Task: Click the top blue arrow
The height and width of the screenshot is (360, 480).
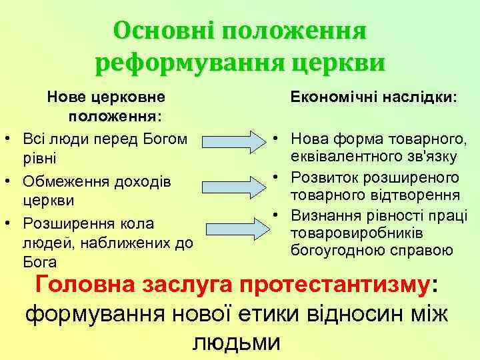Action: click(x=233, y=142)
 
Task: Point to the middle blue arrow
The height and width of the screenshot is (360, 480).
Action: click(x=233, y=184)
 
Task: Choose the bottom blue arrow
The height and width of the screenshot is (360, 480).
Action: click(x=233, y=227)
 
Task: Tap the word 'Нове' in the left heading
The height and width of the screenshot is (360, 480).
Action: click(x=65, y=97)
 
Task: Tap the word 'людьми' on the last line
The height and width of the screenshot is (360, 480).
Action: click(x=236, y=341)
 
